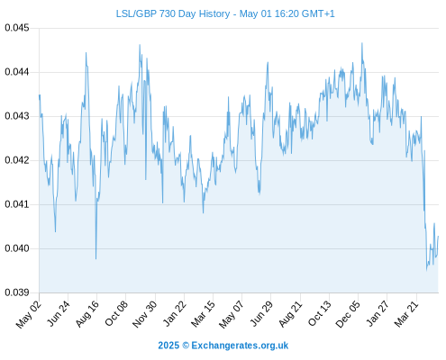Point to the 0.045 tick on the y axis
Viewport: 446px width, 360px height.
pos(17,28)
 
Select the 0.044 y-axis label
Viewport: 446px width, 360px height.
pos(17,72)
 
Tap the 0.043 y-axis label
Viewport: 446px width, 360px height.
pos(17,116)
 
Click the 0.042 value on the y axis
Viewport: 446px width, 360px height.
pos(17,160)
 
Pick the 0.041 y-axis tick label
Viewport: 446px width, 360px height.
pos(17,204)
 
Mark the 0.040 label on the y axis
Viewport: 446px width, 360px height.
pos(17,248)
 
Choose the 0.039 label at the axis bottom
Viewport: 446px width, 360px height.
pos(17,292)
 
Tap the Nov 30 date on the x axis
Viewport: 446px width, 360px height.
pos(145,313)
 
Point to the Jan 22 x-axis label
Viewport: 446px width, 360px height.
pos(175,313)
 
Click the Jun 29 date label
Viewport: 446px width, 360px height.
pos(261,313)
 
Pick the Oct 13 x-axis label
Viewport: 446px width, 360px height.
pos(320,313)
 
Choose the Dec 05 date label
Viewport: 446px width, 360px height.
pos(348,313)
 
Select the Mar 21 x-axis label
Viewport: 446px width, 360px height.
pos(406,313)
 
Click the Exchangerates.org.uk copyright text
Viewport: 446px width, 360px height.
pos(223,346)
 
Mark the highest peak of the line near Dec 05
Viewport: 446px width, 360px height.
pos(362,43)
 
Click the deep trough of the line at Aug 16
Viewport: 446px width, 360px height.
pos(96,258)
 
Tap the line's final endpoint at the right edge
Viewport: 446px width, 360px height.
pos(439,236)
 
